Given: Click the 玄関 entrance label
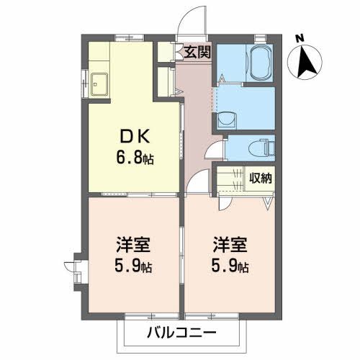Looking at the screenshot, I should click(197, 51).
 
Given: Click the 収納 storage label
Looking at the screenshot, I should click(259, 176).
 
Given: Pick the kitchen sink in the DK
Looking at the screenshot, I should click(99, 82).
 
